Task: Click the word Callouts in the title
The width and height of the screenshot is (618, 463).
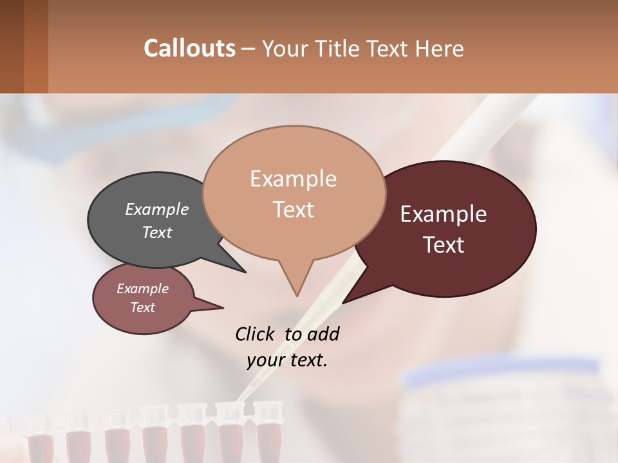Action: point(189,48)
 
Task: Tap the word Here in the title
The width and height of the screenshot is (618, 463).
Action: point(437,48)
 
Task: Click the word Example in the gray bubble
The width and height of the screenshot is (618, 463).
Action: point(156,210)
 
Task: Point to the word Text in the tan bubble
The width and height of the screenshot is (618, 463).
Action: point(294,210)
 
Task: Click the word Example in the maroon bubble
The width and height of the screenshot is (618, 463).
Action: point(443,213)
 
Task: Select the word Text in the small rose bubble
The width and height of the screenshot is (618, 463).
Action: point(142,307)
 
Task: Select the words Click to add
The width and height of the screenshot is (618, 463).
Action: point(287,334)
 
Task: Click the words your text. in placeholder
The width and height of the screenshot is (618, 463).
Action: point(287,360)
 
